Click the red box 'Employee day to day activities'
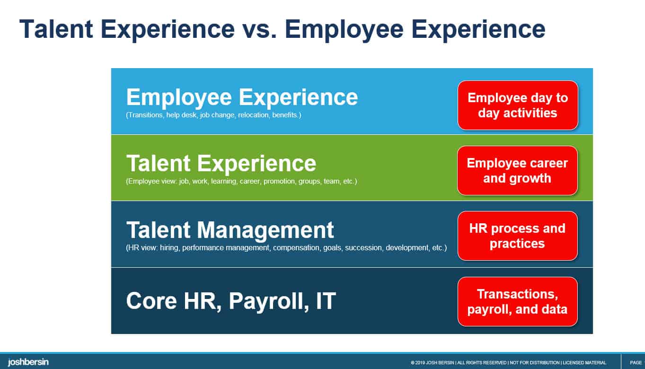click(517, 105)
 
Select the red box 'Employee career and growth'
click(517, 170)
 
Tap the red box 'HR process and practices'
click(517, 236)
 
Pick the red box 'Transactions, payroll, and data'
click(517, 301)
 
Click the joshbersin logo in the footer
click(28, 362)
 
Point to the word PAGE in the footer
click(636, 363)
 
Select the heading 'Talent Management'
click(230, 230)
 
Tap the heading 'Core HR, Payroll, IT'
click(231, 301)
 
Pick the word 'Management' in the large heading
click(265, 230)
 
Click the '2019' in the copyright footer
click(419, 363)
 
